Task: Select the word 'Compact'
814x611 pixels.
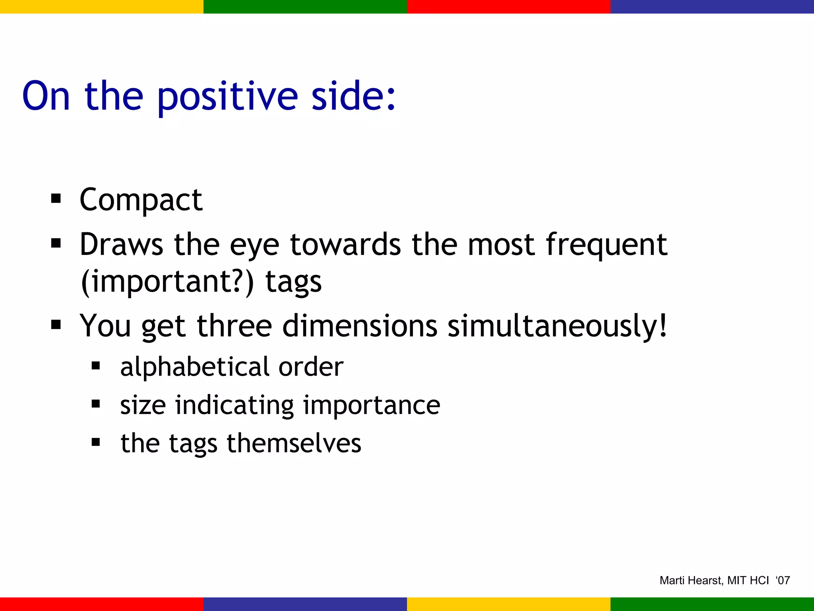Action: pos(141,200)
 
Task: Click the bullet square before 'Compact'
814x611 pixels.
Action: pos(56,198)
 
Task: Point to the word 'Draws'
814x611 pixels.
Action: pos(121,244)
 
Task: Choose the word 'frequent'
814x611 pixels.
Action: pos(607,244)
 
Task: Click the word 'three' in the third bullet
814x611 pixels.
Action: pos(235,326)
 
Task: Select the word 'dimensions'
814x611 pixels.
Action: pos(360,326)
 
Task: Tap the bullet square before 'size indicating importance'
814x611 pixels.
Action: pos(96,404)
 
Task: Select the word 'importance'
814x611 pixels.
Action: pos(372,405)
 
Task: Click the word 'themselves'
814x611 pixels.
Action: pos(294,443)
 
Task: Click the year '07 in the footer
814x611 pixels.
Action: pos(783,580)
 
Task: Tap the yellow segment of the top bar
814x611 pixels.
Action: pos(102,6)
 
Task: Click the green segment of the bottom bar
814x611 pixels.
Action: pos(712,604)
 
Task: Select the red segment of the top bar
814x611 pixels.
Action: pos(508,6)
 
